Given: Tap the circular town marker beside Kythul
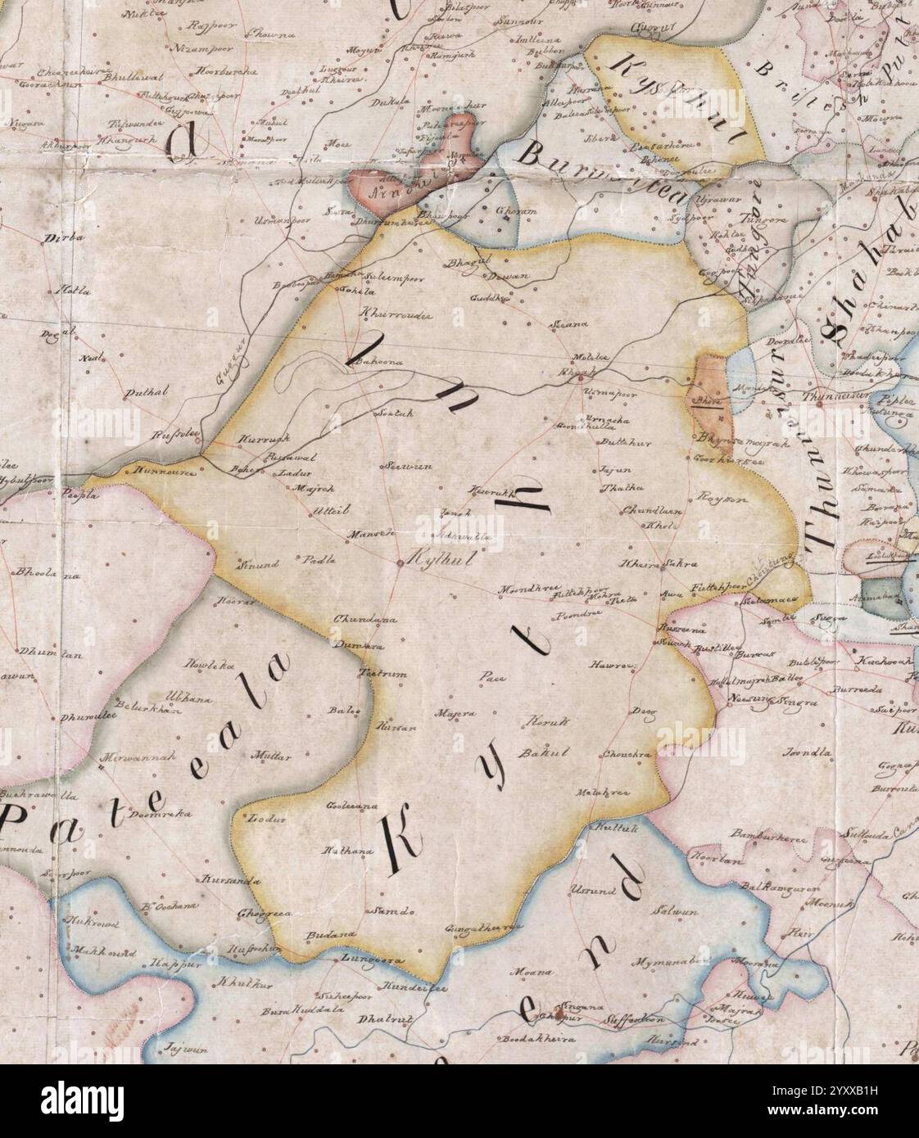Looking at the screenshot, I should click(x=398, y=563).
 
